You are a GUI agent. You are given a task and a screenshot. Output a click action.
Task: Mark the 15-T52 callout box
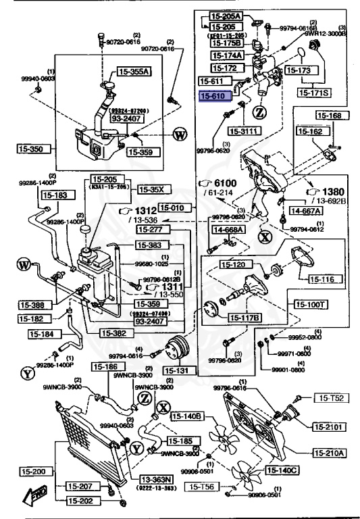click(332, 398)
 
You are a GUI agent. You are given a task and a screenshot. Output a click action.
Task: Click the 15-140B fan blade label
click(186, 416)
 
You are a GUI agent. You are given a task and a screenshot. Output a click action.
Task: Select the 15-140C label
click(282, 470)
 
